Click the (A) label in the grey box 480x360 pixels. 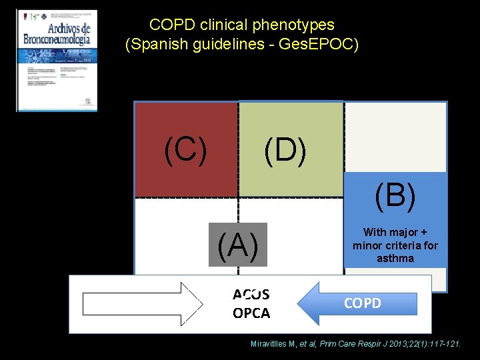click(x=238, y=245)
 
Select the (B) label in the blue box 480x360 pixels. click(x=395, y=195)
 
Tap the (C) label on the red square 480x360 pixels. click(x=185, y=150)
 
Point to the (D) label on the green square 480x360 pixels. click(x=285, y=150)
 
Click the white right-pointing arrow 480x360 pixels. click(x=144, y=303)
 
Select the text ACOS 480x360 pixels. click(x=251, y=295)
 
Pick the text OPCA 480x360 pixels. click(x=251, y=313)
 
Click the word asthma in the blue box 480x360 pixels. click(x=395, y=258)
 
